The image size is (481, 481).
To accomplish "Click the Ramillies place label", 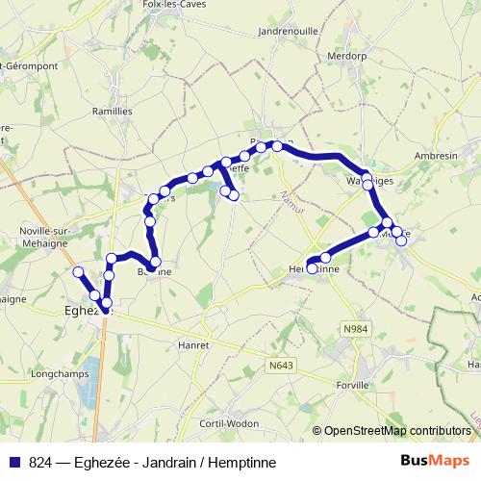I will [x=114, y=111].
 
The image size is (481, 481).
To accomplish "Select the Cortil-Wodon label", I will [x=226, y=424].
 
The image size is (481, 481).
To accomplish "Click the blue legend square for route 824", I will [x=16, y=461].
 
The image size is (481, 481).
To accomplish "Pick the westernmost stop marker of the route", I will [x=79, y=272].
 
